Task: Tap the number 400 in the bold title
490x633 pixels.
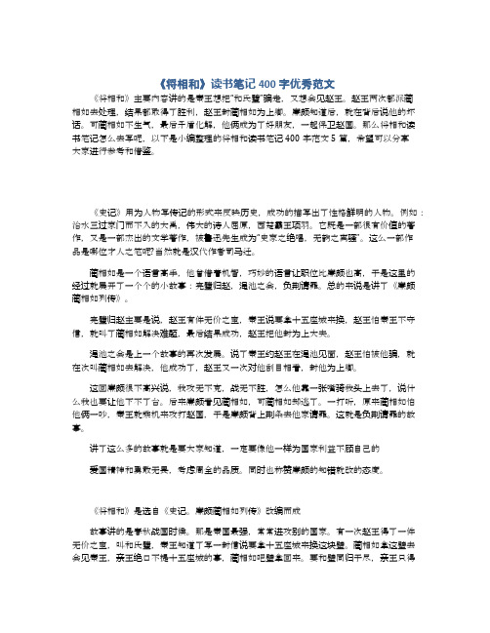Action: pyautogui.click(x=271, y=81)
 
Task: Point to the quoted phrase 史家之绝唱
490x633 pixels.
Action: pyautogui.click(x=279, y=235)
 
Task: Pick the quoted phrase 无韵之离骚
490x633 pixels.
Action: pyautogui.click(x=347, y=235)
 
